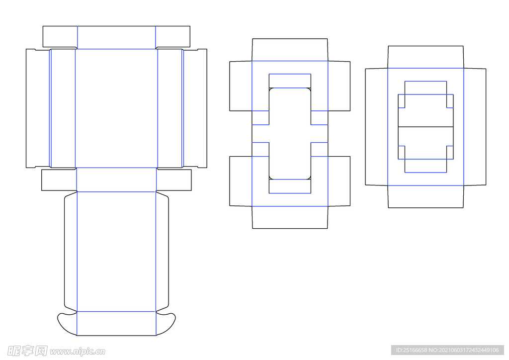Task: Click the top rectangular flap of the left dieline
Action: coord(116,37)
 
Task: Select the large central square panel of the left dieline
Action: coord(116,108)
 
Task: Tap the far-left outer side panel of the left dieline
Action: coord(38,108)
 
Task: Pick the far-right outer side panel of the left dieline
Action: coord(195,108)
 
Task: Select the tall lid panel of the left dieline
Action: coord(116,251)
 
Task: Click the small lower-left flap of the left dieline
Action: coord(59,180)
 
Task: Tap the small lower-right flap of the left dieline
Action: coord(174,180)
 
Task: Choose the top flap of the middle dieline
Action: coord(290,50)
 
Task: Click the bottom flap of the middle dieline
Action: coord(290,217)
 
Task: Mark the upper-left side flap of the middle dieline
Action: coord(241,86)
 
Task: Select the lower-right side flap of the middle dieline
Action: coord(339,181)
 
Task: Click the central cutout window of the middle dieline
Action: coord(290,133)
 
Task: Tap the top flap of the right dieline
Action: coord(425,57)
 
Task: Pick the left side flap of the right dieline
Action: coord(376,127)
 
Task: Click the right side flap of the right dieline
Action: coord(475,127)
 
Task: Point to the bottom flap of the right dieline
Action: coord(425,196)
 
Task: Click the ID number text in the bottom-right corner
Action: coord(447,350)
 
